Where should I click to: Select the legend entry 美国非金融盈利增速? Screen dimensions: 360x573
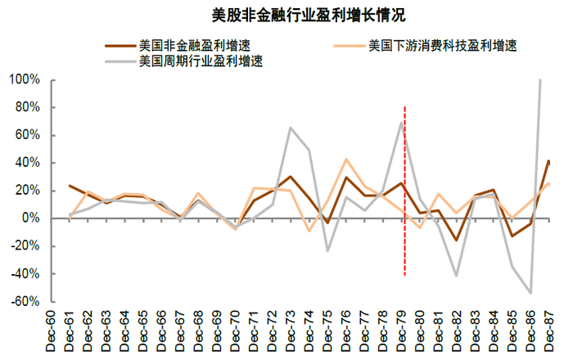coord(188,44)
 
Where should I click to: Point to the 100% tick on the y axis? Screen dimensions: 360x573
coord(24,80)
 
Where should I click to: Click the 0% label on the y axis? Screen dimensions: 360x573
coord(30,218)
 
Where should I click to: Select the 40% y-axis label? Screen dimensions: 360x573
coord(27,163)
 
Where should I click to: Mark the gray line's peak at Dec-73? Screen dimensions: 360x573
coord(290,128)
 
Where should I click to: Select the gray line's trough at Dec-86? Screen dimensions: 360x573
coord(530,293)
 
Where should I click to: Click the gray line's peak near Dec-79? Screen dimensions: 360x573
coord(401,123)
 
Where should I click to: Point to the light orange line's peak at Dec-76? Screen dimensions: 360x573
coord(345,160)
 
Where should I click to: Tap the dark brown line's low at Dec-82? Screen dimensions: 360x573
coord(456,240)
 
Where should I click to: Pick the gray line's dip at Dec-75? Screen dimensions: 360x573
coord(327,250)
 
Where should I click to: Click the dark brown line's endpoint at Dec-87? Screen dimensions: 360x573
coord(548,161)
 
